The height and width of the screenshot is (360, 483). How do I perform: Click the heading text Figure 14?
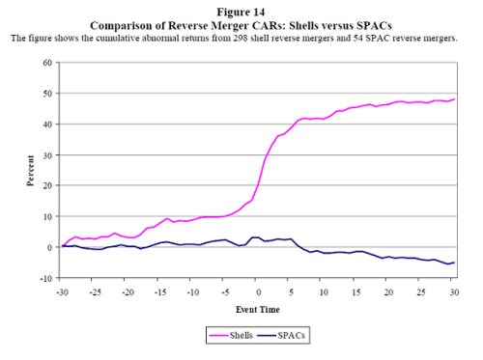(241, 8)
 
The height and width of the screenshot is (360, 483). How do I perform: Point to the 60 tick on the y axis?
(46, 63)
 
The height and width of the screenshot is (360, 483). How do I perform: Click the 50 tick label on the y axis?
(46, 94)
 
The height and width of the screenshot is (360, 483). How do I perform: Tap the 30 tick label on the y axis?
(46, 154)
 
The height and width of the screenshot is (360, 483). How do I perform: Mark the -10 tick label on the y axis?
(44, 278)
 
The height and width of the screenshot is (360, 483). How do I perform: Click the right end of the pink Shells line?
(453, 99)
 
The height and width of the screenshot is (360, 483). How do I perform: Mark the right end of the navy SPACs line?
(453, 263)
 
